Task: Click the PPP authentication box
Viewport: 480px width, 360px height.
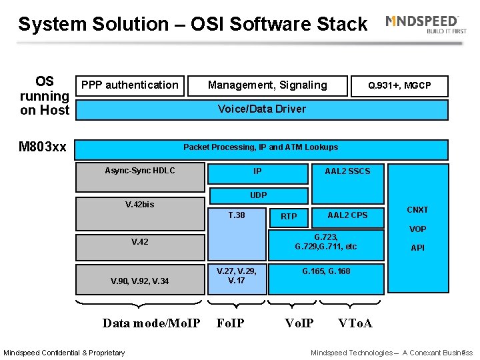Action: coord(129,85)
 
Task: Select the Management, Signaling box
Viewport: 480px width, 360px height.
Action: coord(267,85)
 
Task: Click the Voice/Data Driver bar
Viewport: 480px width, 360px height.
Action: coord(261,109)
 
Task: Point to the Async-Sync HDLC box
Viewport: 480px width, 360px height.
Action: coord(140,171)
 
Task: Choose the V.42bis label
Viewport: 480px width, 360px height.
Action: coord(139,205)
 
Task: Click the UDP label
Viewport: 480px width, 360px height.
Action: coord(258,195)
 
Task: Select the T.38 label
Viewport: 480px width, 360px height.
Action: coord(237,215)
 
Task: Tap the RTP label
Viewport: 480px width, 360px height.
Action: coord(289,217)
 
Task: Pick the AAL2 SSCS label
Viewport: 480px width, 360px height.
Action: coord(347,171)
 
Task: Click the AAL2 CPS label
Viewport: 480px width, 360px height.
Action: coord(347,215)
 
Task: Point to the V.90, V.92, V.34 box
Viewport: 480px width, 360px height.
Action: coord(139,281)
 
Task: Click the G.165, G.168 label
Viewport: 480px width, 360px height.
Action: coord(326,271)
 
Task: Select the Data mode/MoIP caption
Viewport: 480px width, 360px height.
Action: coord(151,323)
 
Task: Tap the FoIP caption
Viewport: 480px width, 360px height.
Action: coord(231,323)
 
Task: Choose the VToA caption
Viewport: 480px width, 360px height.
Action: coord(355,323)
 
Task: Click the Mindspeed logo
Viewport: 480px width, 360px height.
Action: coord(423,24)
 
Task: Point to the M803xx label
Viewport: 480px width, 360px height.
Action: coord(43,147)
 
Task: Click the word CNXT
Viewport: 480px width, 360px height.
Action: coord(417,210)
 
